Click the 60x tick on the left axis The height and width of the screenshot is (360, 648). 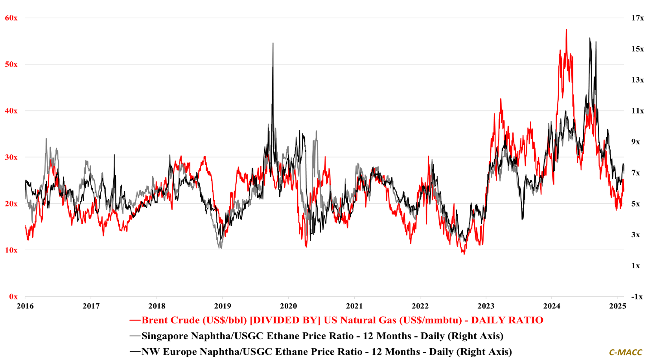coord(11,18)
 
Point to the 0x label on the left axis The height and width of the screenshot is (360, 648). coord(13,297)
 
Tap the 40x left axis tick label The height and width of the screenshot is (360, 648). coord(11,111)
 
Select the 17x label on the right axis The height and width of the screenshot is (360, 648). coord(637,18)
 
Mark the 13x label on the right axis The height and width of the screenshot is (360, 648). coord(637,80)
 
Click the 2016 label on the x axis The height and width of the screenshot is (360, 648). coord(25,306)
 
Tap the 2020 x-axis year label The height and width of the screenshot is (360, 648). coord(288,306)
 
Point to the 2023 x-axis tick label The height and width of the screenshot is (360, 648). coord(486,306)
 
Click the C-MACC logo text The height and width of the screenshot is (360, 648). coord(625,352)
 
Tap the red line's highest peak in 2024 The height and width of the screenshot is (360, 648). coord(566,30)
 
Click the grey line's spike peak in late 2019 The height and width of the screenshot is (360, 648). coord(273,43)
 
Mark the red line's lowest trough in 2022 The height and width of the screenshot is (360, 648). coord(464,254)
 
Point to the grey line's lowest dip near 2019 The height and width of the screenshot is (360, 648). coord(220,248)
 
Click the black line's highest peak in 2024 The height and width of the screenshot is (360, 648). coord(590,38)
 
